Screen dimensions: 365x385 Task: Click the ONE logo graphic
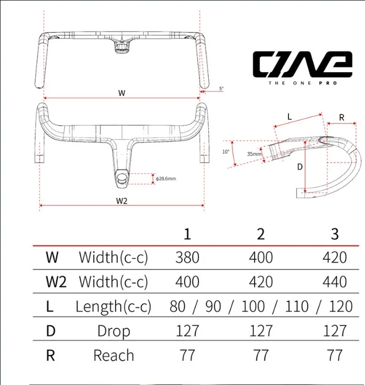[x=302, y=64]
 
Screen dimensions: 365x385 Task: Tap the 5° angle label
[x=222, y=88]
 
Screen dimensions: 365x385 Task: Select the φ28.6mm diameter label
[x=166, y=179]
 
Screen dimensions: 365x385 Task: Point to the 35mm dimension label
[x=254, y=154]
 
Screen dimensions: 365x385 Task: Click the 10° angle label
[x=226, y=152]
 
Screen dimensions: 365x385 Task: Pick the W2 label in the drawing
[x=121, y=201]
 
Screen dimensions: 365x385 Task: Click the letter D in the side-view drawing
[x=300, y=167]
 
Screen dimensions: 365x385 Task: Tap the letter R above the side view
[x=341, y=118]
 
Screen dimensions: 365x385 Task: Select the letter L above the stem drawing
[x=290, y=117]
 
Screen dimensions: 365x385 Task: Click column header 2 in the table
[x=261, y=234]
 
